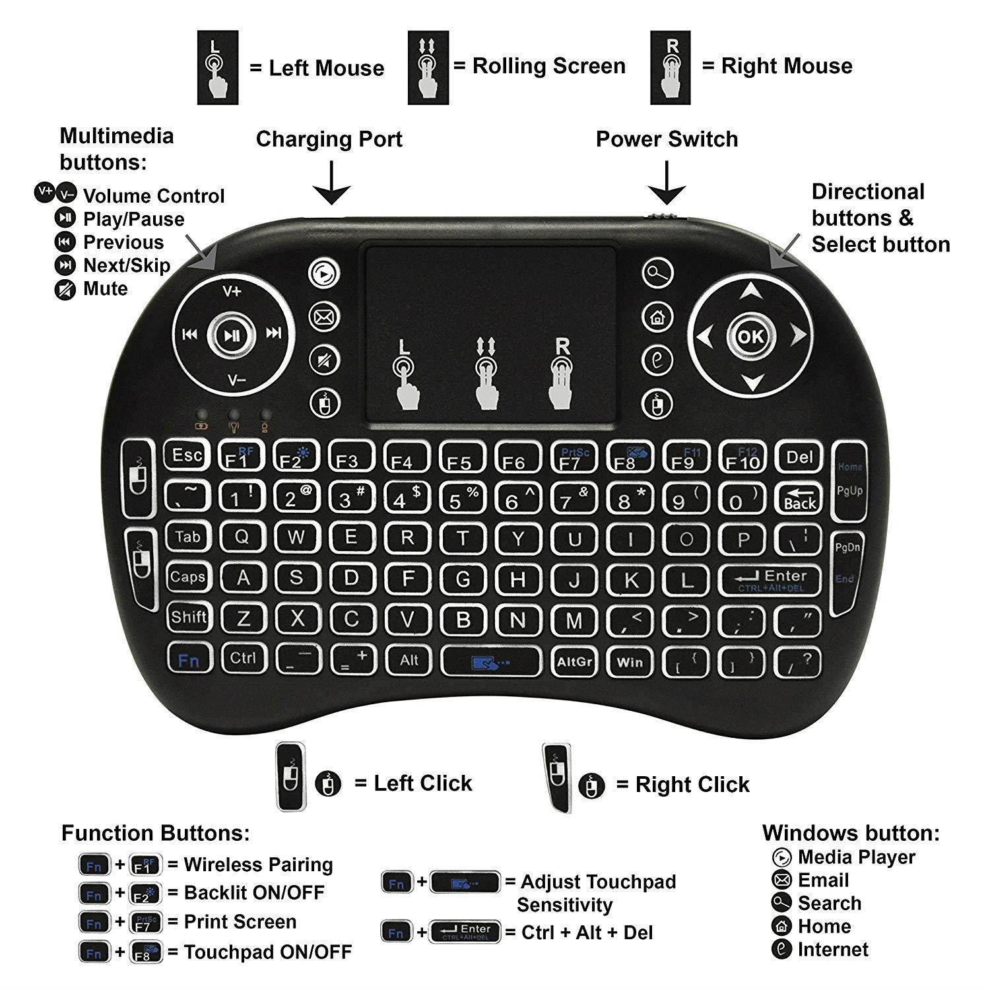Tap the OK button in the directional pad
(x=750, y=337)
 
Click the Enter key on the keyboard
(x=770, y=579)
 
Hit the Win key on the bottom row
(x=630, y=661)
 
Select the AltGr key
(x=574, y=661)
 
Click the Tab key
(x=187, y=537)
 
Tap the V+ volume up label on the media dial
(x=232, y=291)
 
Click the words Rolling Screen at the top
(x=548, y=66)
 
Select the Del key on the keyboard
(x=800, y=457)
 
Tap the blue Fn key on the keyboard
(x=188, y=659)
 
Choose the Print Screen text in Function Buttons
(x=240, y=922)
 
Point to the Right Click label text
(x=692, y=784)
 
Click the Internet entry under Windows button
(x=833, y=950)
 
